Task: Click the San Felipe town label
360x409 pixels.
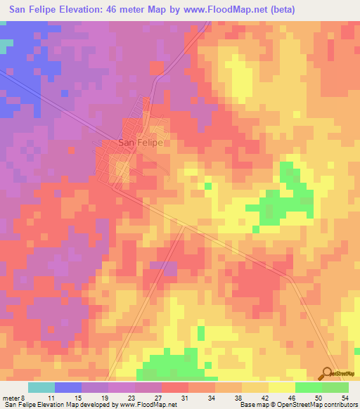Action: point(141,143)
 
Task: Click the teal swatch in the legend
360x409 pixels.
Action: point(41,387)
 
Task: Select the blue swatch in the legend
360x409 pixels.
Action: point(68,387)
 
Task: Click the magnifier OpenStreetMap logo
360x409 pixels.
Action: point(327,373)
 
